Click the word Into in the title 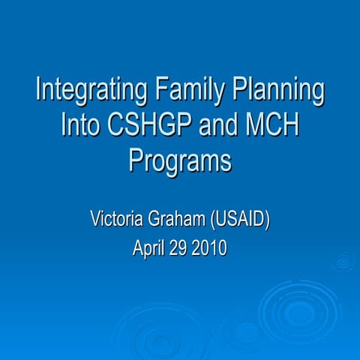point(84,124)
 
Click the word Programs point(179,160)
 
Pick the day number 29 point(180,248)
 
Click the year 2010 point(211,248)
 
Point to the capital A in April point(138,248)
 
